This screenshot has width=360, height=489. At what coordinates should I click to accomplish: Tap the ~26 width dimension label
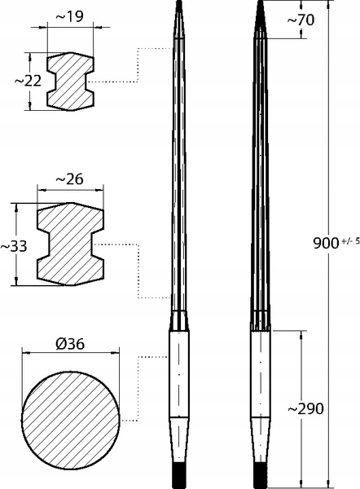click(x=70, y=179)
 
